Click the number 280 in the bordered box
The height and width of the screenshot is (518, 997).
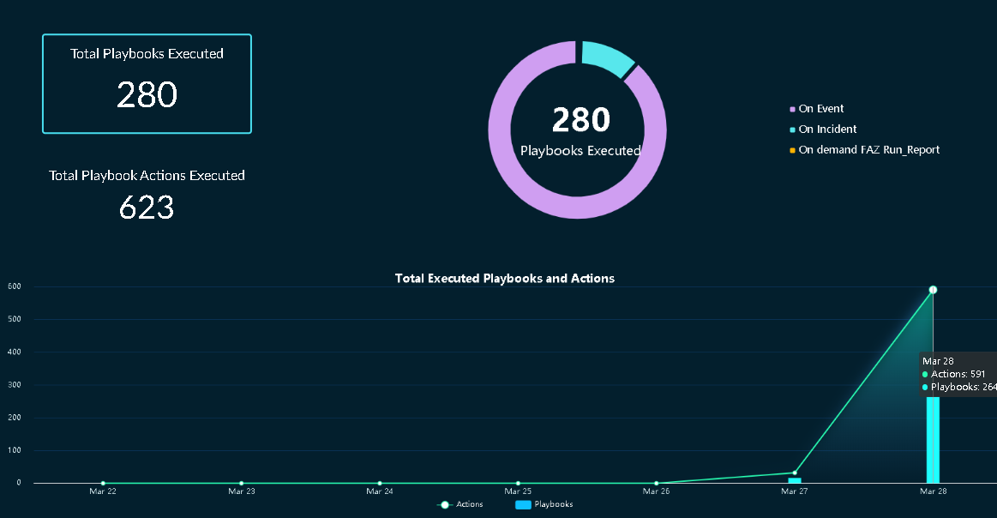147,95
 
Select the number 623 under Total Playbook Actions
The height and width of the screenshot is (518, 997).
147,208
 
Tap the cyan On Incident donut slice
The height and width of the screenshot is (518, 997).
607,57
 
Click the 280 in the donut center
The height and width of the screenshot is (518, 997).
580,120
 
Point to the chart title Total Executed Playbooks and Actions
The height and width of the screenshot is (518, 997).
504,279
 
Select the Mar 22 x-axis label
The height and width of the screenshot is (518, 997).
103,491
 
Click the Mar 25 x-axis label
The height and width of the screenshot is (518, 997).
518,491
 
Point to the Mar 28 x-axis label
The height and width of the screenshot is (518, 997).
933,491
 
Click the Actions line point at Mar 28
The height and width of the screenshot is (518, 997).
933,290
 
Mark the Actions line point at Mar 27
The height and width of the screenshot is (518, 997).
795,473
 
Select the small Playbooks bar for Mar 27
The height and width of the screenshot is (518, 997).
795,480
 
